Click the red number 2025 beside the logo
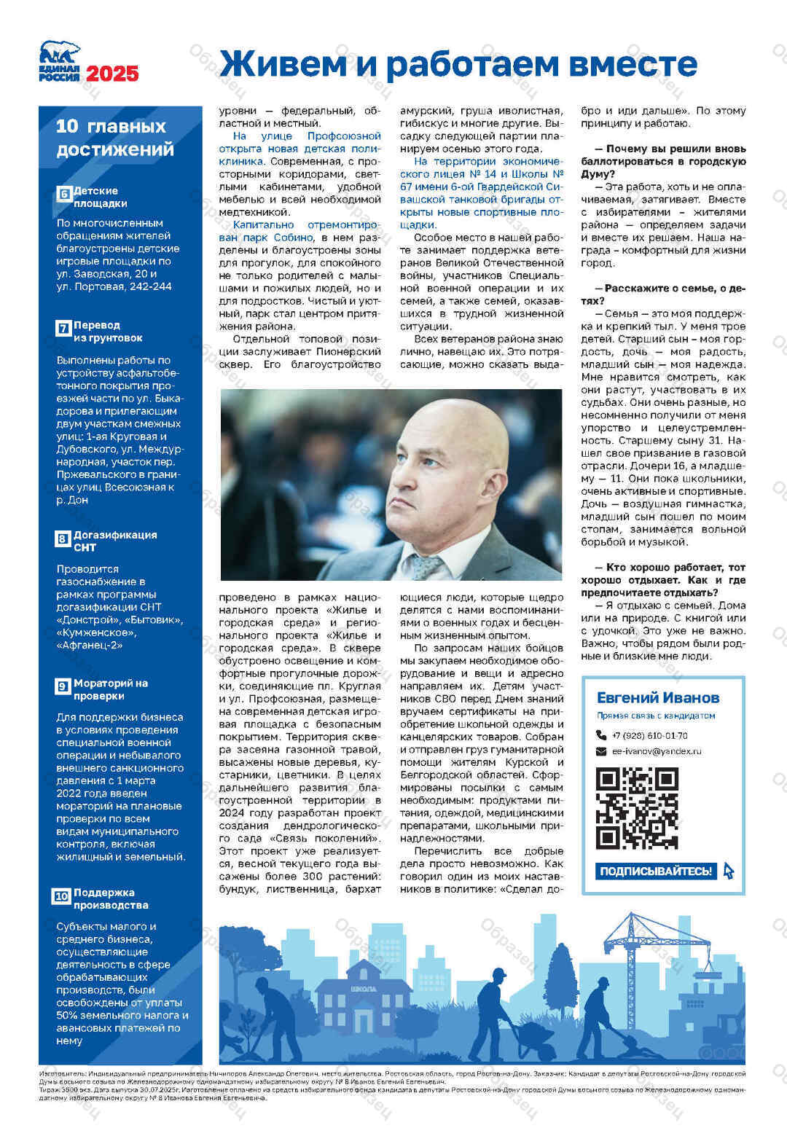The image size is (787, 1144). click(x=112, y=74)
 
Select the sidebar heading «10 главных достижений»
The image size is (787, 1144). click(x=115, y=138)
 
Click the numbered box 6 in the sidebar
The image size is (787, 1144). click(x=63, y=195)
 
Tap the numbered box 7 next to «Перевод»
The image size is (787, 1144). click(x=63, y=329)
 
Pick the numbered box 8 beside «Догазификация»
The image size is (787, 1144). click(x=63, y=538)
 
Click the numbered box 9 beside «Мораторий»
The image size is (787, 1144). click(x=63, y=686)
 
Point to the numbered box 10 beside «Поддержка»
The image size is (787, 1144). click(x=62, y=896)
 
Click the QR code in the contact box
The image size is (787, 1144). click(x=637, y=808)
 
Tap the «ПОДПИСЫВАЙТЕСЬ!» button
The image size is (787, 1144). click(x=656, y=871)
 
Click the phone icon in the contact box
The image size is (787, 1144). click(x=601, y=735)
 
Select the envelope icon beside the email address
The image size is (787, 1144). click(x=601, y=751)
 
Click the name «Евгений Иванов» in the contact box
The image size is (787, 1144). click(x=657, y=697)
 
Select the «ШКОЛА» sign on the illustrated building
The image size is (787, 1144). click(x=364, y=989)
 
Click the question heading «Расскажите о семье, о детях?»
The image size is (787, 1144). click(x=663, y=294)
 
